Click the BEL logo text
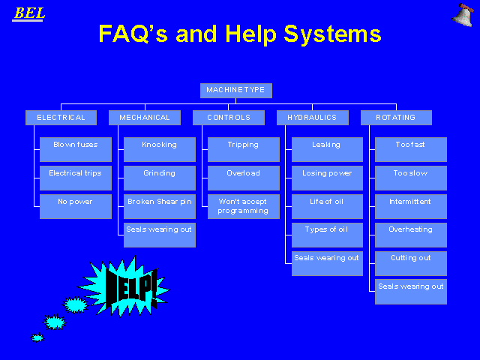tap(29, 13)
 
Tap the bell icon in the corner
tap(463, 15)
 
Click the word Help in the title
tap(251, 34)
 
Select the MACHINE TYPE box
tap(236, 91)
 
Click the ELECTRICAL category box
tap(61, 118)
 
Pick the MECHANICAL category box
tap(145, 118)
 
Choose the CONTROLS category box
tap(229, 118)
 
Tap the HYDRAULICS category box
tap(313, 118)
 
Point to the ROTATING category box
tap(397, 118)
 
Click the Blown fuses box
tap(76, 149)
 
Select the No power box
tap(76, 207)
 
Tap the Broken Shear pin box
tap(160, 207)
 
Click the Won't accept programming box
tap(244, 207)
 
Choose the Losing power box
tap(327, 178)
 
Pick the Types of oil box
tap(327, 235)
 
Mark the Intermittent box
tap(411, 207)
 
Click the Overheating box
tap(411, 235)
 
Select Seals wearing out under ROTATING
tap(411, 292)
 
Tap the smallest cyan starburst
tap(37, 337)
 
